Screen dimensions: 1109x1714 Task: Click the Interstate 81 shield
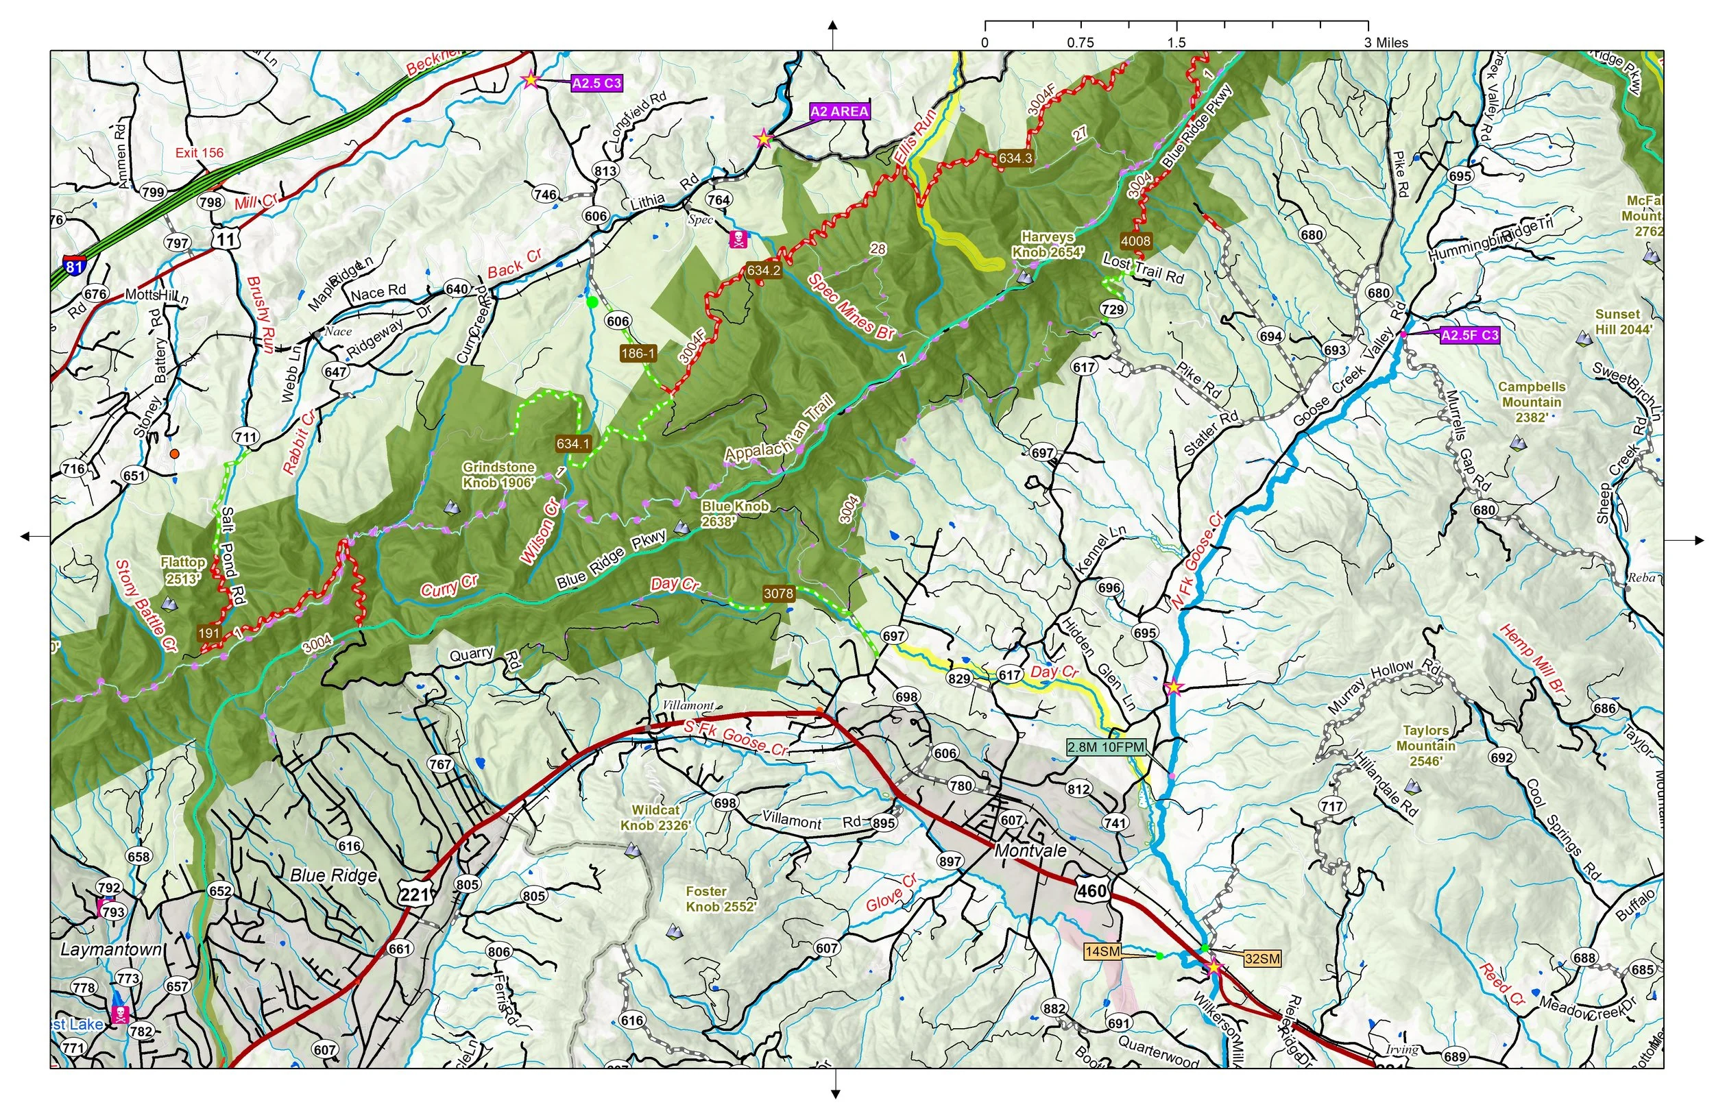coord(74,265)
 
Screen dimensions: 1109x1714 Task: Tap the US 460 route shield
coord(1091,890)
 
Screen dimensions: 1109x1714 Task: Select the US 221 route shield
coord(414,894)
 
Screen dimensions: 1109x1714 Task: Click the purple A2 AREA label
coord(839,112)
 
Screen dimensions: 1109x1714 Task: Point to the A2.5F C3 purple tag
coord(1469,335)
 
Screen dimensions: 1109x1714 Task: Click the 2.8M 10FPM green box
coord(1105,747)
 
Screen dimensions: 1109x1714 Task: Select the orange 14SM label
coord(1102,952)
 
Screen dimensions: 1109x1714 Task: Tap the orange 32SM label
coord(1262,958)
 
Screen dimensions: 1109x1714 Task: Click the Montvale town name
coord(1030,851)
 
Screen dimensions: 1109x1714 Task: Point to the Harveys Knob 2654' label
coord(1047,244)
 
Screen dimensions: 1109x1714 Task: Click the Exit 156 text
coord(200,153)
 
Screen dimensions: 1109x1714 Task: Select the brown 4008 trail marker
coord(1136,241)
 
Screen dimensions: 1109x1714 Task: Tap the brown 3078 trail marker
coord(779,594)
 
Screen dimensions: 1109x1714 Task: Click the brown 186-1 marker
coord(638,353)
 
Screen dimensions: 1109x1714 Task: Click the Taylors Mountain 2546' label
coord(1425,745)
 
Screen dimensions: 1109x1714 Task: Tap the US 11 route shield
coord(226,239)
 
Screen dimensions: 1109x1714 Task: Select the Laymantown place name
coord(111,949)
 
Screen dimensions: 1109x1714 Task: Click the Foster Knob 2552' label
coord(720,899)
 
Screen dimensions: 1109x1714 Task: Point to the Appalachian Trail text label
coord(780,429)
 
